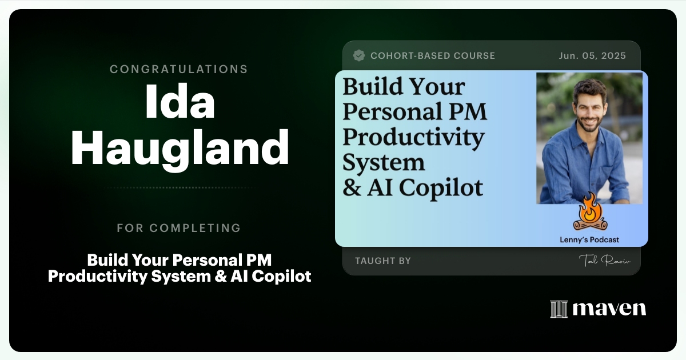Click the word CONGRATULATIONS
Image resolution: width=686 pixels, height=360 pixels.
[x=179, y=69]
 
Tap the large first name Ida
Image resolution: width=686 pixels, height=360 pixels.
[x=179, y=102]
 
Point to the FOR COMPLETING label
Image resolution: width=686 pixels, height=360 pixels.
[x=179, y=228]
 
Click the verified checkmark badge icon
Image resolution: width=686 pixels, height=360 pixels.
[x=359, y=55]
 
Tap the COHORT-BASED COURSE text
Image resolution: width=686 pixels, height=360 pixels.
[x=433, y=55]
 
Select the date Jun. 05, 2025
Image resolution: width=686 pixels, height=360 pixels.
[x=592, y=55]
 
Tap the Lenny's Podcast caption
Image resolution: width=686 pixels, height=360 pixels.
[x=589, y=240]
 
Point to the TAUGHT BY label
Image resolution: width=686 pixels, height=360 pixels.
[x=383, y=261]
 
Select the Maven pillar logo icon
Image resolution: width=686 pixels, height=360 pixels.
[x=558, y=309]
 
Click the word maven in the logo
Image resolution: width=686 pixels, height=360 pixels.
[x=609, y=309]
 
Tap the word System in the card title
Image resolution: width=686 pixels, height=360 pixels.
[x=384, y=162]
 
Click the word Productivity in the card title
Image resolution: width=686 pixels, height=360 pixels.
[x=413, y=137]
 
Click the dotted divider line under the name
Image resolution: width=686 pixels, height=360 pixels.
[x=179, y=187]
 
